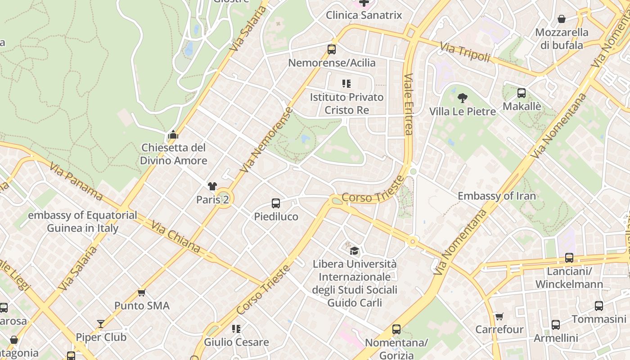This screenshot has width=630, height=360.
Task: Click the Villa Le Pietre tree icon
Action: [462, 98]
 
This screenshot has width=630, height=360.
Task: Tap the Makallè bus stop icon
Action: [522, 93]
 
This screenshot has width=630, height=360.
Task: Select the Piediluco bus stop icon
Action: [276, 203]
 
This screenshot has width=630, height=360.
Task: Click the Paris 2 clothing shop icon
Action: [212, 186]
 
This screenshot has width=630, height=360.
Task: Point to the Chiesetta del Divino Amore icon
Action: [173, 135]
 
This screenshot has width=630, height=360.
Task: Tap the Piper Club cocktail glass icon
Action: [101, 324]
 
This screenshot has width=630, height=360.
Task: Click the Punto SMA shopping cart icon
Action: [142, 292]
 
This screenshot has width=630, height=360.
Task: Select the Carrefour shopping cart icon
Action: [499, 316]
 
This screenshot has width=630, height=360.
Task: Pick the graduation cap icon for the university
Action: [355, 251]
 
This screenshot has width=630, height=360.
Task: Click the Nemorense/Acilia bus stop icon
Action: [332, 49]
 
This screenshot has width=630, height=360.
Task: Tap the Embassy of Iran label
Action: [497, 196]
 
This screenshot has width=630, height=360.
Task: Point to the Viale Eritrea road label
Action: [408, 104]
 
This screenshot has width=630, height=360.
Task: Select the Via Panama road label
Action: [76, 181]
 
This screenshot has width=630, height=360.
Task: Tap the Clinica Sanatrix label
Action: [364, 15]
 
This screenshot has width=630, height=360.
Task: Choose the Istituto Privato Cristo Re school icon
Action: [346, 84]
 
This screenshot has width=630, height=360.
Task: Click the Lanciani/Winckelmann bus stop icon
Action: [569, 258]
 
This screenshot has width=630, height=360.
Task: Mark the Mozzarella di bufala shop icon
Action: [562, 19]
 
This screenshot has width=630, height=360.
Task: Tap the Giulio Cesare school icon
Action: [236, 329]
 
